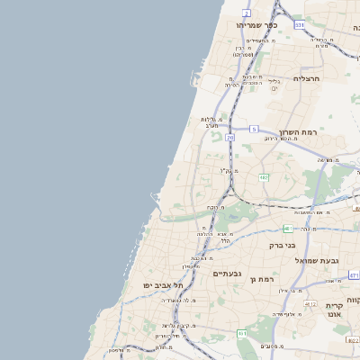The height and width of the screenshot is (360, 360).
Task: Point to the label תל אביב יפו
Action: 163,285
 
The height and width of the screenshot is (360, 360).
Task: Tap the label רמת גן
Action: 261,280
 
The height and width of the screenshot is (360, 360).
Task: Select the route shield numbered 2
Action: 247,14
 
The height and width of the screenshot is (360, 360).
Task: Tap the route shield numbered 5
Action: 255,129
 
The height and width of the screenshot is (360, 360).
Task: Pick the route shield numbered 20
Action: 230,138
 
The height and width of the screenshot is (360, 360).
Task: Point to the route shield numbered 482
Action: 263,178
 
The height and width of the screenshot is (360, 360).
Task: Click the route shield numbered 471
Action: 354,274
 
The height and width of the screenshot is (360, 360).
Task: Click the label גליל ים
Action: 274,84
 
